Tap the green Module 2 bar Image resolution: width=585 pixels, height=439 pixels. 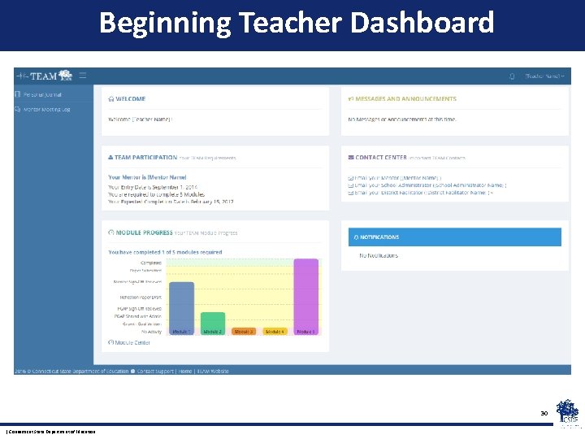[x=212, y=320]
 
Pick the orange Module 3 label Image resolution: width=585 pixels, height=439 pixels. [x=243, y=332]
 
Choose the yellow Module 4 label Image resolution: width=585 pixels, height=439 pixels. [x=275, y=332]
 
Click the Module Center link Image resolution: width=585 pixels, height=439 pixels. [x=132, y=342]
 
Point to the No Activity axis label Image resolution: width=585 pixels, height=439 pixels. [x=151, y=332]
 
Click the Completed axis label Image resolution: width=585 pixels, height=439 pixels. [x=151, y=263]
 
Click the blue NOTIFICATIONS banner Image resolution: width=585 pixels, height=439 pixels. [x=454, y=237]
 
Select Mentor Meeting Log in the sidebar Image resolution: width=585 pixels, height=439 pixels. [x=46, y=109]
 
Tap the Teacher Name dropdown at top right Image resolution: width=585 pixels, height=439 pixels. [x=544, y=76]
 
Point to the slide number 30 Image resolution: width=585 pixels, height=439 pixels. [x=544, y=414]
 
